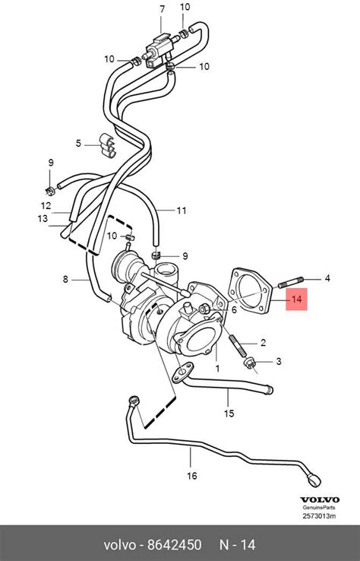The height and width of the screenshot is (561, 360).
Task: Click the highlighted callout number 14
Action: tap(297, 299)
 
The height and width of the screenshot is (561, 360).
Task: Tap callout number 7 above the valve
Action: tap(163, 9)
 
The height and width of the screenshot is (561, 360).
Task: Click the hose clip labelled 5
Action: tap(107, 146)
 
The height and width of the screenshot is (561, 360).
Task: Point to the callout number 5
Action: tap(79, 144)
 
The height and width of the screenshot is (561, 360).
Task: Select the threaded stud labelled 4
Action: tap(291, 282)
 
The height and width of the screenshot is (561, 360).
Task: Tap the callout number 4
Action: tap(327, 278)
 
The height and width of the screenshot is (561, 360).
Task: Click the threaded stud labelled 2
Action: tap(238, 346)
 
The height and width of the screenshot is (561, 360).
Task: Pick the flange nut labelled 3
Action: tap(250, 363)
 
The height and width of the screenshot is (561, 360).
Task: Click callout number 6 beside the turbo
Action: tap(234, 309)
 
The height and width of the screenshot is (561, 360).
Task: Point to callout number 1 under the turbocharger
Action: tap(217, 368)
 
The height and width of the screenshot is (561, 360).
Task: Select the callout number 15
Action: tap(229, 414)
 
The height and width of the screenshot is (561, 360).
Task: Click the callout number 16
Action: tap(192, 476)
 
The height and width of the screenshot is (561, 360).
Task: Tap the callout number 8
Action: tap(65, 279)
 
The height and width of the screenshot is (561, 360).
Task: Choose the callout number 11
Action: tap(182, 211)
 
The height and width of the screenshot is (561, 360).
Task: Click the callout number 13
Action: tap(43, 219)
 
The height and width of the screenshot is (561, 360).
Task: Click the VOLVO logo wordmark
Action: tap(320, 500)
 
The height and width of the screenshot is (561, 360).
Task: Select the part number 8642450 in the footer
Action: tap(175, 544)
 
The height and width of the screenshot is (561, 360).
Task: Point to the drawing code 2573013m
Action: tap(319, 516)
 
